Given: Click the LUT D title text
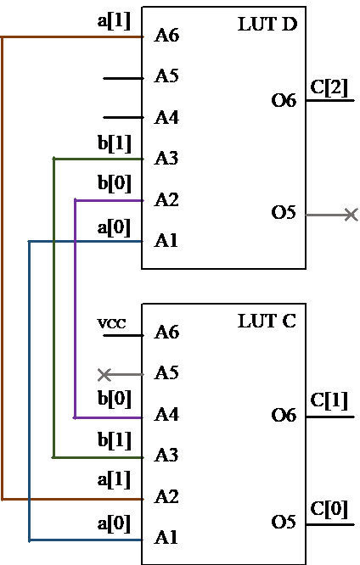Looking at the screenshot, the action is (267, 24).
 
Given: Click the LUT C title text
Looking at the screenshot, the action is (267, 321).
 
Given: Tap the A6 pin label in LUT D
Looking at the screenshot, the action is (166, 36).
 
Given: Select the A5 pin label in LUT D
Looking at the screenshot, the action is (166, 76).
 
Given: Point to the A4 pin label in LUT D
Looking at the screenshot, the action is (166, 117).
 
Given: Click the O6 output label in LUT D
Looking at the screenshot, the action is (284, 100).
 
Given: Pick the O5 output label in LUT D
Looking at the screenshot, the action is (284, 212).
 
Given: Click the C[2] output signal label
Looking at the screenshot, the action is (329, 87).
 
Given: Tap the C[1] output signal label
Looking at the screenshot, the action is (329, 400).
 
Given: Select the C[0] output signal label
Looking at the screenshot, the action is (329, 509).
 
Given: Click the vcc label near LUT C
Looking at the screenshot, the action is (112, 323).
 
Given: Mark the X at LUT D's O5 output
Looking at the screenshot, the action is (351, 215).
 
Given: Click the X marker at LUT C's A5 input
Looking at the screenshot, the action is (104, 375).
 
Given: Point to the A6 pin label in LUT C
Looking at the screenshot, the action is (166, 332).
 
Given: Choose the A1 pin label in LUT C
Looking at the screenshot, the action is (166, 538).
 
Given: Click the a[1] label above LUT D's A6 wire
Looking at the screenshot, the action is (114, 21).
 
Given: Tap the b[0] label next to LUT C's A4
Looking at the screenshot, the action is (114, 399).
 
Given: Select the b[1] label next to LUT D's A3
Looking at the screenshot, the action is (114, 143).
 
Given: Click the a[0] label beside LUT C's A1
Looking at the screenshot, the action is (114, 523).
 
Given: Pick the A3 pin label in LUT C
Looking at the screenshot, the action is (166, 455).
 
